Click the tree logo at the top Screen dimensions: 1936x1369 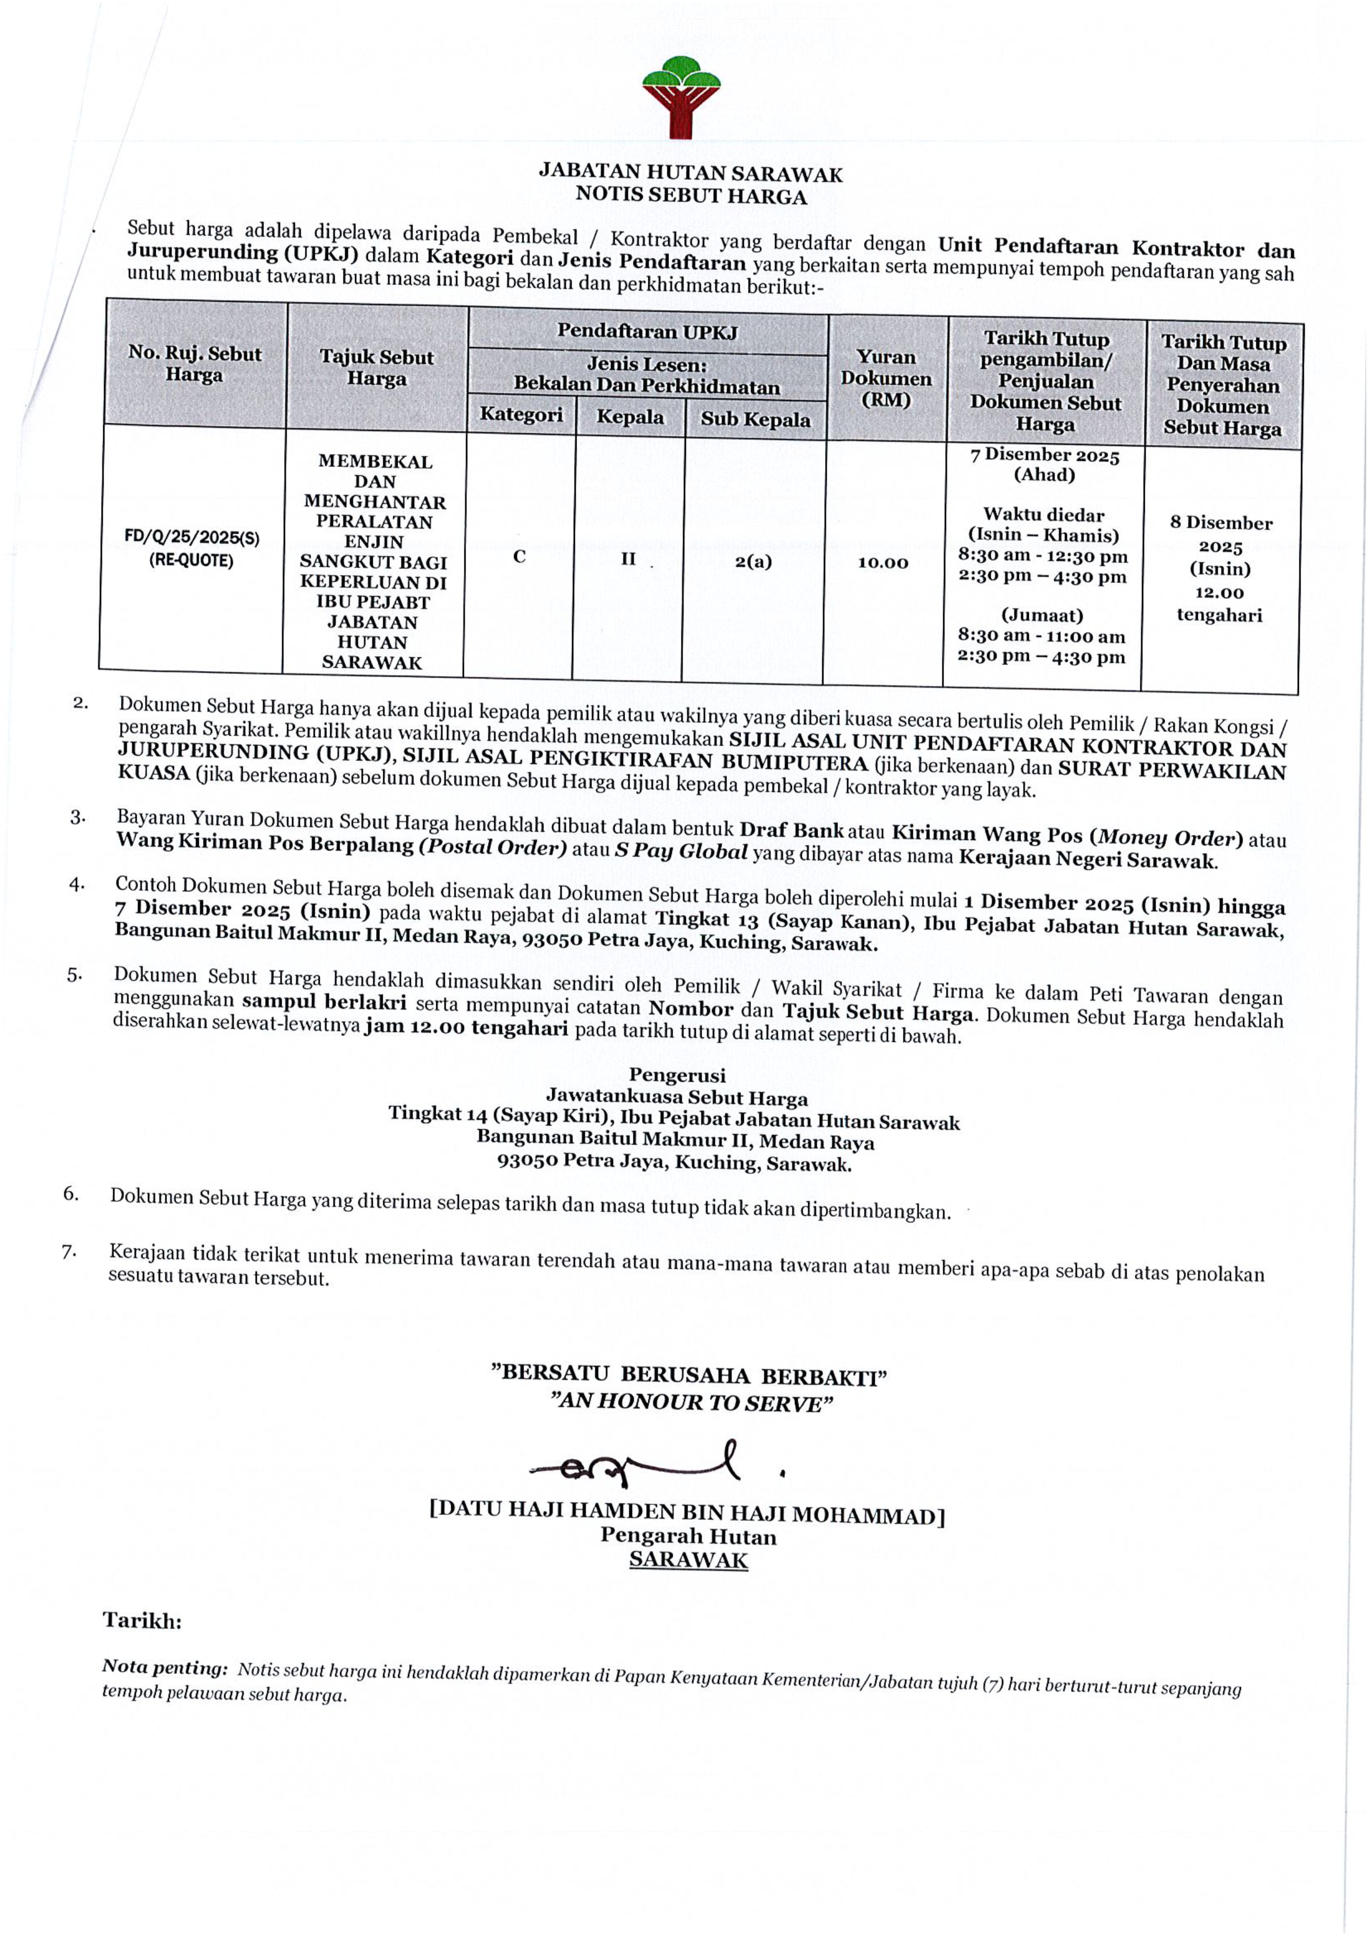pyautogui.click(x=681, y=97)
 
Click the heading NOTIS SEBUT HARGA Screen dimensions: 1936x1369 pyautogui.click(x=691, y=196)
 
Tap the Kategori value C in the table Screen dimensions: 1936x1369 pyautogui.click(x=520, y=556)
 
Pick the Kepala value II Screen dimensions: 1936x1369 pyautogui.click(x=628, y=558)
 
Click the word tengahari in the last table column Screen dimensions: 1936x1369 pyautogui.click(x=1219, y=615)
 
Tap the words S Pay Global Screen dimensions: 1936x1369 pyautogui.click(x=681, y=852)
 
